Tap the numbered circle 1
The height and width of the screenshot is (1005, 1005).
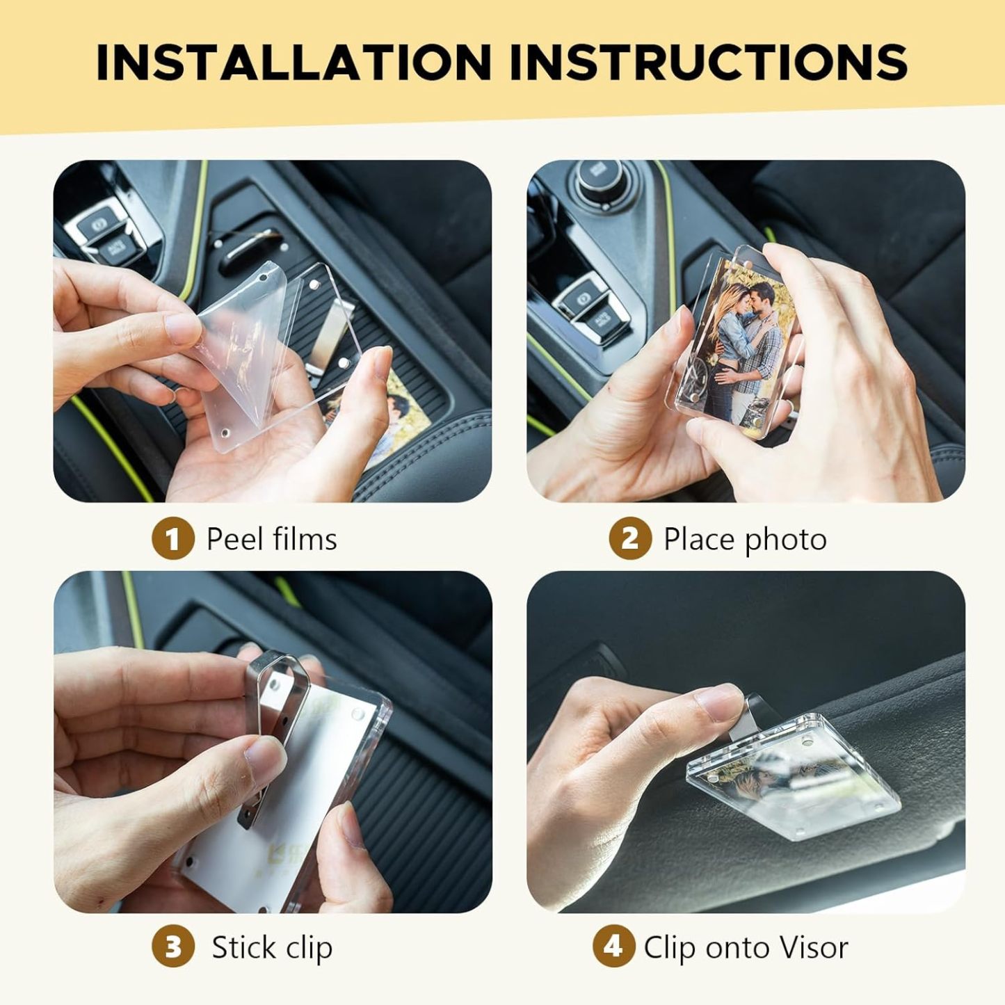click(x=172, y=539)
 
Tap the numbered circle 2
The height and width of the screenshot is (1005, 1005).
click(x=629, y=539)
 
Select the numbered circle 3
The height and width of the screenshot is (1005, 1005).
click(x=172, y=947)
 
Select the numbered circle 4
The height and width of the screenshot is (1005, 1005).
click(x=613, y=947)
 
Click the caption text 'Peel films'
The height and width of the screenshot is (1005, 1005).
click(x=271, y=539)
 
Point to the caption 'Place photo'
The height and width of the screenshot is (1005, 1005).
click(x=745, y=540)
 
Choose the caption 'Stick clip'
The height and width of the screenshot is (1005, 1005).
click(x=272, y=947)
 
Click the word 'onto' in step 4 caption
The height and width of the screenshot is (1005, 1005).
click(x=736, y=947)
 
